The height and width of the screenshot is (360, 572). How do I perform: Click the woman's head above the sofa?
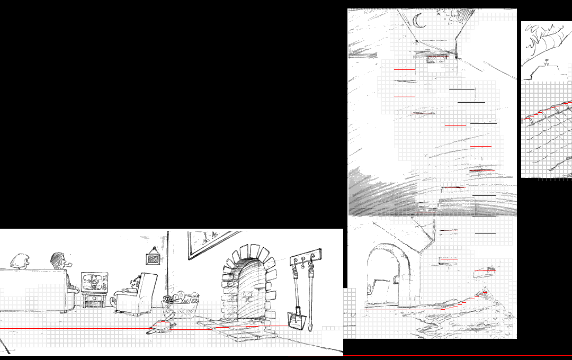click(20, 260)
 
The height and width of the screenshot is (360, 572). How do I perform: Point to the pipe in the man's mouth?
click(67, 263)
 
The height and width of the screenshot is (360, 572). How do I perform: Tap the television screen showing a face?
click(92, 282)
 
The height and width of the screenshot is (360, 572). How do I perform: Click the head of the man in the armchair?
click(136, 283)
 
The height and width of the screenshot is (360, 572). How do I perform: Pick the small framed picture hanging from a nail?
click(153, 258)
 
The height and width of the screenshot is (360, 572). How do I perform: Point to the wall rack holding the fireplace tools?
click(306, 257)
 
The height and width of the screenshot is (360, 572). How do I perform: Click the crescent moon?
click(419, 22)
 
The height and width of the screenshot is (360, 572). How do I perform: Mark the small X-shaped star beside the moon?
click(439, 14)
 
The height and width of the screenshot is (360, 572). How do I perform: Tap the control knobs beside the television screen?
click(105, 282)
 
